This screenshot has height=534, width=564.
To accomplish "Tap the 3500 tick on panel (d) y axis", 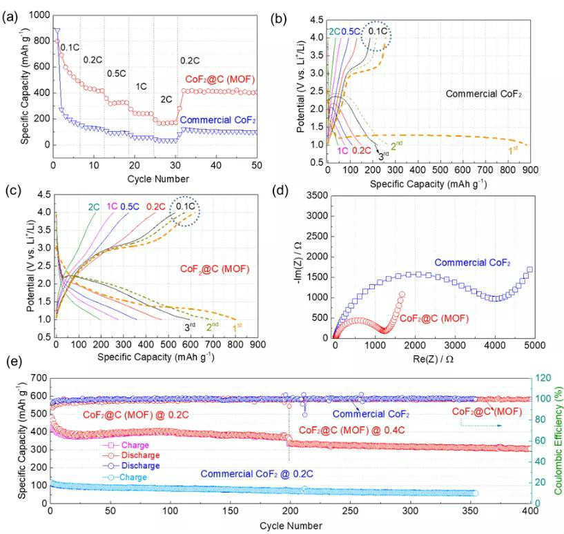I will coord(314,195).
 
